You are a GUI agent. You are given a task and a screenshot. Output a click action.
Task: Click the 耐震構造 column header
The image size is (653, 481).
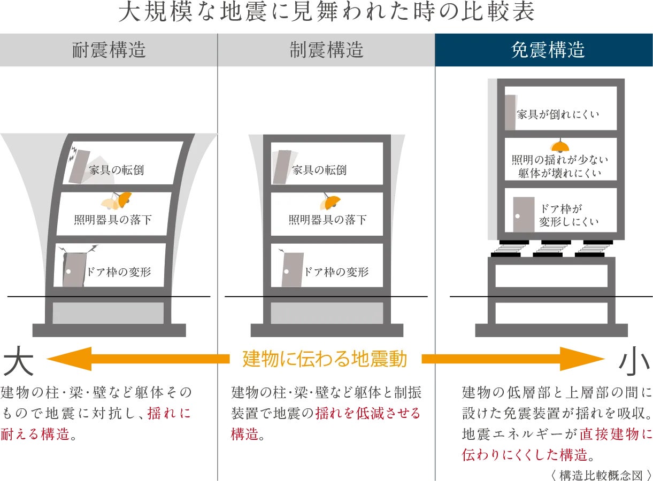pos(109,50)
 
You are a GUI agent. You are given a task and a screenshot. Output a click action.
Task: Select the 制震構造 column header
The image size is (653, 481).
pos(326,50)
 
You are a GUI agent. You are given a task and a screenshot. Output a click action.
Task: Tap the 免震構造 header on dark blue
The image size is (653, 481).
pos(548,50)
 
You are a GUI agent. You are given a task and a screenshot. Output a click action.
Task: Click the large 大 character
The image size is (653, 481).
pos(18,360)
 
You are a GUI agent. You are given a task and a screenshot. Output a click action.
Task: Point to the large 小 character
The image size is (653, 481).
pos(634,360)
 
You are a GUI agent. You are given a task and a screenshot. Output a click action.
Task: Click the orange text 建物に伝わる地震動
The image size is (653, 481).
pos(325,359)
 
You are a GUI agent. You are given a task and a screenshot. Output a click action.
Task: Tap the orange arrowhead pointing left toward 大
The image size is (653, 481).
pos(70,359)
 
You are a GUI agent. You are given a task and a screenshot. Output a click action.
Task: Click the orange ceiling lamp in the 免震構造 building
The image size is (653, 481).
pos(560,146)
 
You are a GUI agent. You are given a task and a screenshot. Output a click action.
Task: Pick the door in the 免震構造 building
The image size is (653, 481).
pos(524,214)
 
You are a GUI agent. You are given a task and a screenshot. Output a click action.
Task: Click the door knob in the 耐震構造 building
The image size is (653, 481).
pos(68,271)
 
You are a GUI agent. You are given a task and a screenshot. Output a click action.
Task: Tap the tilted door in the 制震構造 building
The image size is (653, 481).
pos(293,269)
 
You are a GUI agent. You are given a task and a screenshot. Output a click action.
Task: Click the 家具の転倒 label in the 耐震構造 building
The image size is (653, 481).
pos(117,170)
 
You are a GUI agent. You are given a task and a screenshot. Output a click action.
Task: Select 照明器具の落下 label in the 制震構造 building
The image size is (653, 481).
pos(328,219)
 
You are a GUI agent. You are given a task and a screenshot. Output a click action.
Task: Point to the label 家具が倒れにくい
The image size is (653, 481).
pos(558,114)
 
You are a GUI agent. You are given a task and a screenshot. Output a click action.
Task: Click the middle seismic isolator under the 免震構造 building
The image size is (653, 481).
pos(552,249)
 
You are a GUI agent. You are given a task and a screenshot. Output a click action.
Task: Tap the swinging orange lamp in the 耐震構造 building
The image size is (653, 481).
pos(125,198)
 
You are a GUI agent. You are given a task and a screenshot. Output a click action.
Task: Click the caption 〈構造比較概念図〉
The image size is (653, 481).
pos(601,475)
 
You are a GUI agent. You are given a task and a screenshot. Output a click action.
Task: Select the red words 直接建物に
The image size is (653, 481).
pos(615,434)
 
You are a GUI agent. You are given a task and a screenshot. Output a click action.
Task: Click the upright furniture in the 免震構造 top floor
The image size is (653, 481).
pos(510,112)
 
